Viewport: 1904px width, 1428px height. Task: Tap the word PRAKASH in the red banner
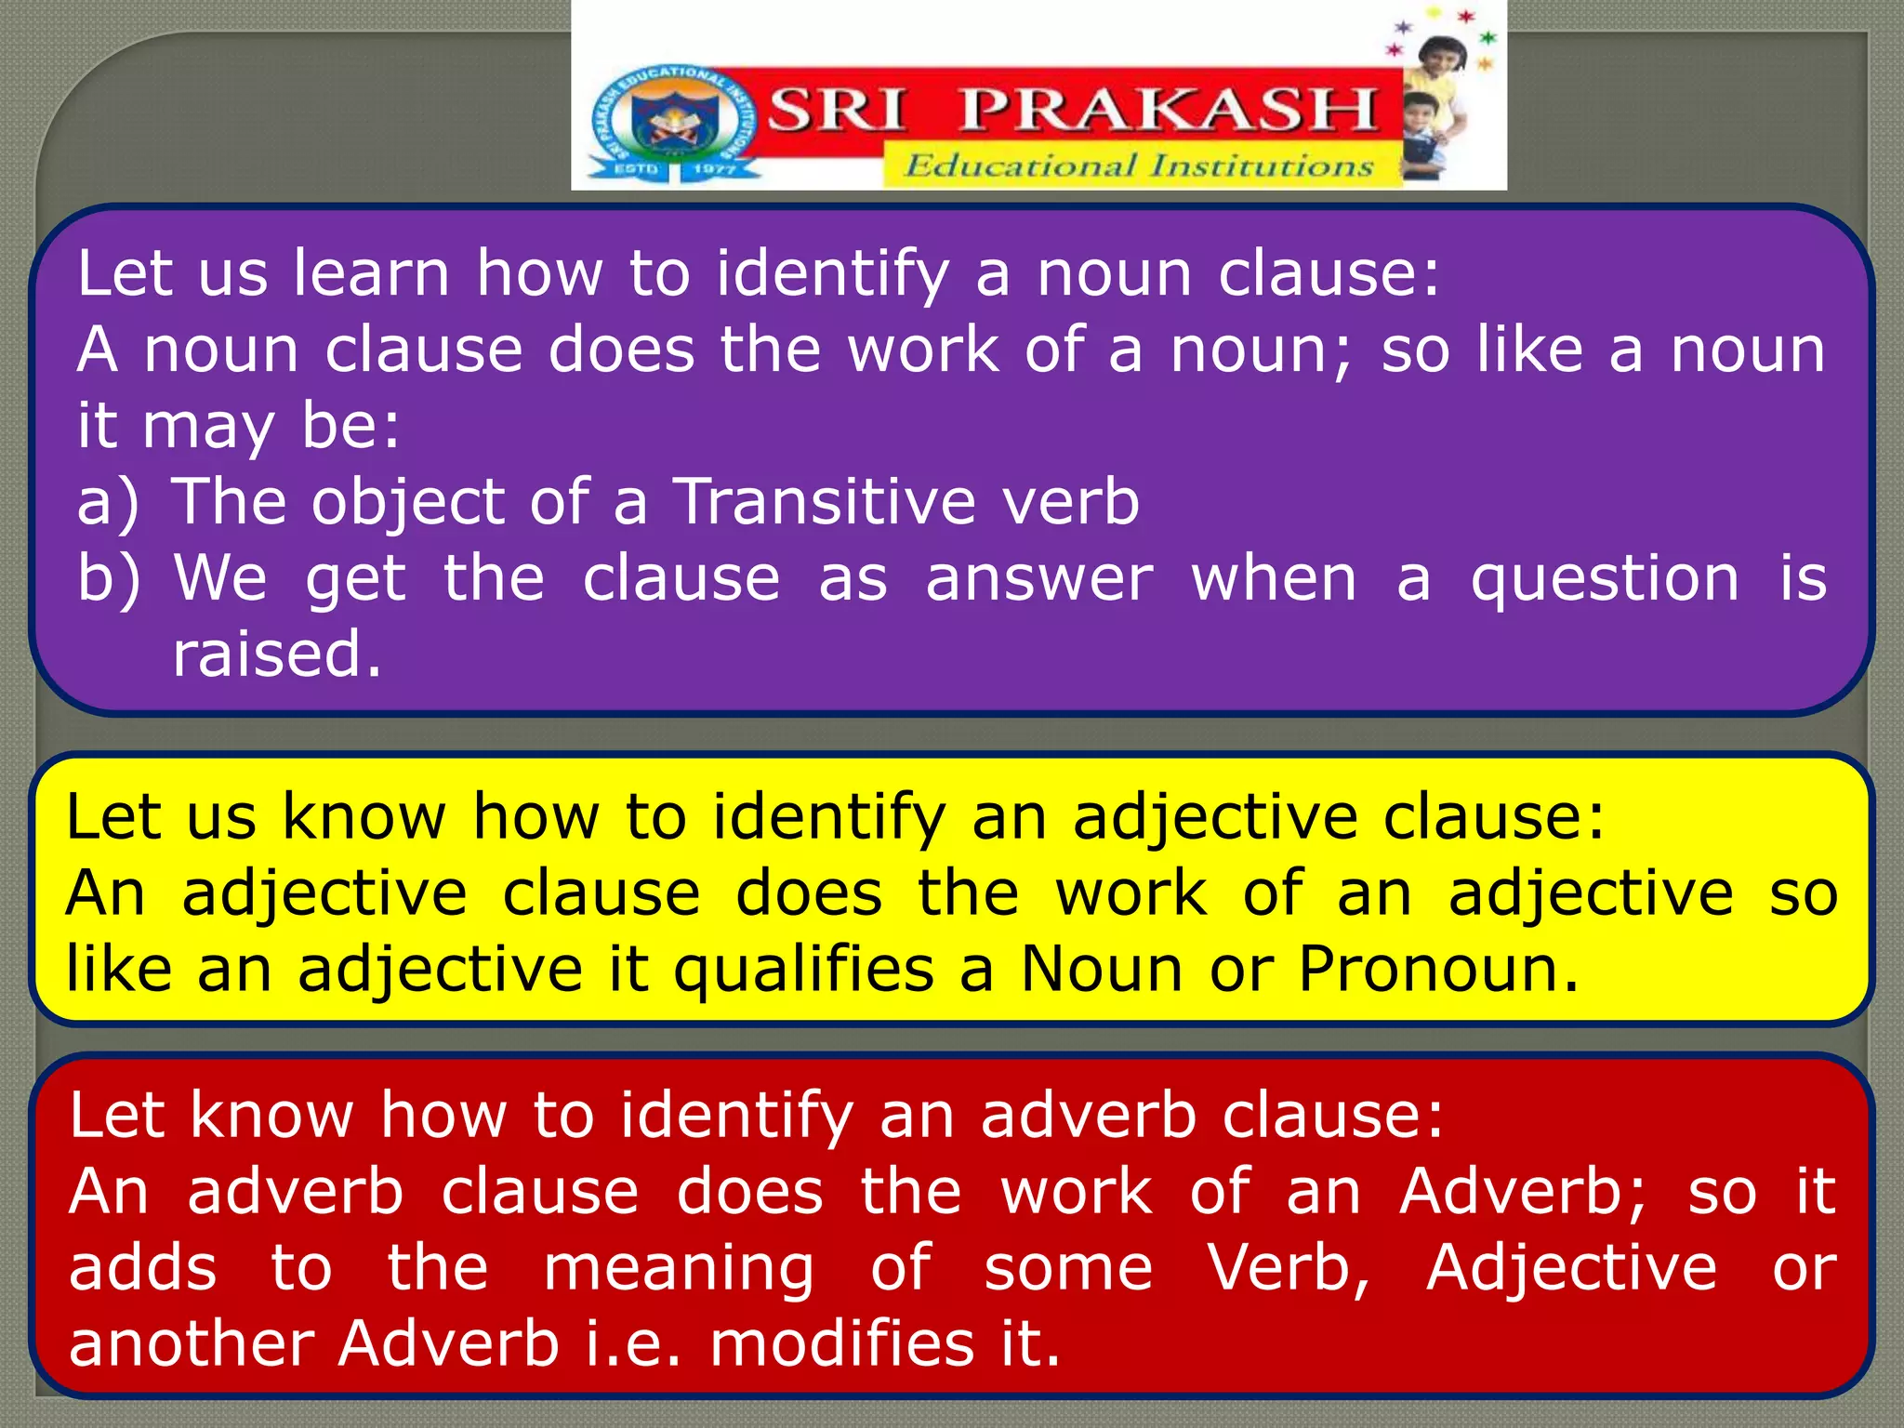click(1168, 110)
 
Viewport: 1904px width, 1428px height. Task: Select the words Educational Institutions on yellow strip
click(1139, 166)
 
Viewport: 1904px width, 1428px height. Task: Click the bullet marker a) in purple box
click(108, 502)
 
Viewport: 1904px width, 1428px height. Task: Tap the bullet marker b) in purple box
click(108, 578)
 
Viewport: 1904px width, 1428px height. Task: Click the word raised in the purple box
click(276, 654)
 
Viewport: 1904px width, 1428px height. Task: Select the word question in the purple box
click(1605, 578)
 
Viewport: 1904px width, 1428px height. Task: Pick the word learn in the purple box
click(372, 273)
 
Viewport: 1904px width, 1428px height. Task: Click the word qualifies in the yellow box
click(803, 970)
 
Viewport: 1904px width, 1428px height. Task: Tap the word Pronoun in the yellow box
click(1437, 970)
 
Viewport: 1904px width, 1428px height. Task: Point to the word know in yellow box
click(364, 817)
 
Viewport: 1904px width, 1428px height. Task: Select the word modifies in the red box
click(842, 1344)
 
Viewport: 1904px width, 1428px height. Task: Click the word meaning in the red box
click(679, 1268)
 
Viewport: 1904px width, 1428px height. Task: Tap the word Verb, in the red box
click(1289, 1268)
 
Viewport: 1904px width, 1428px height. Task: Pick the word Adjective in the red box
click(1571, 1268)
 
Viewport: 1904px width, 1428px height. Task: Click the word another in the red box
click(192, 1344)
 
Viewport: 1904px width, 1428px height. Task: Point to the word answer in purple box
click(1039, 578)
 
